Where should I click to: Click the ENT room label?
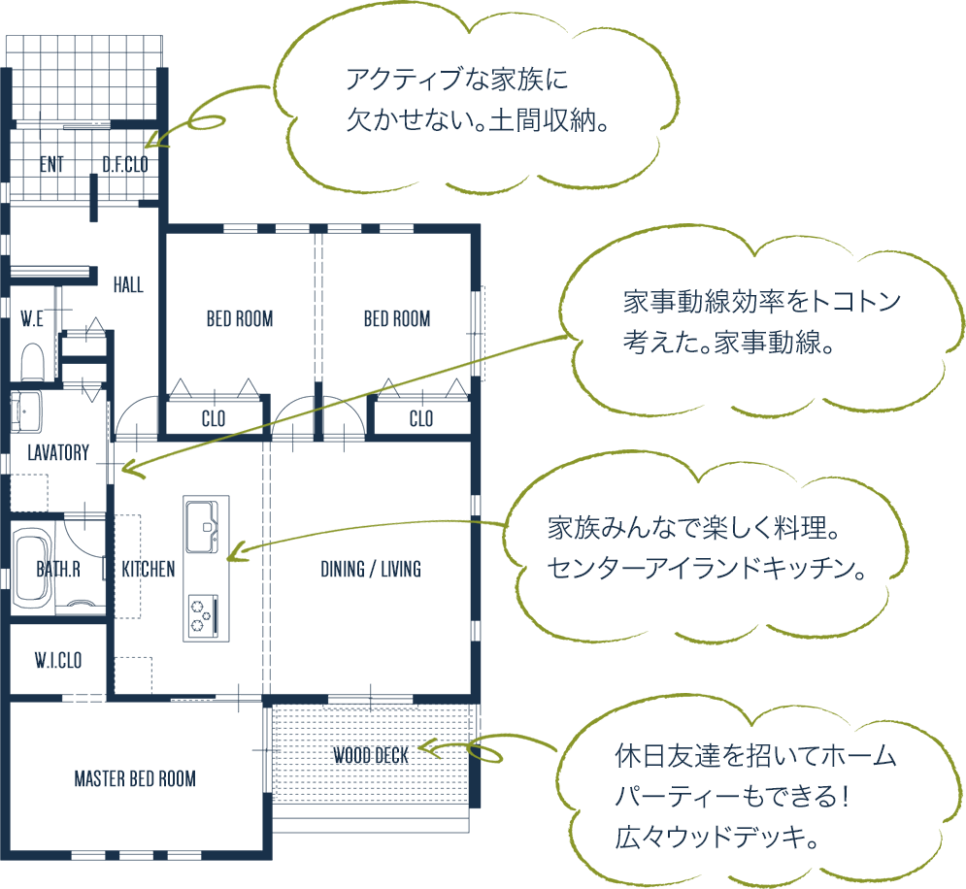(x=52, y=165)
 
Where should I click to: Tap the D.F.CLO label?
(x=125, y=165)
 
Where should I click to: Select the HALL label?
(x=128, y=285)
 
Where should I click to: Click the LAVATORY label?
(x=58, y=453)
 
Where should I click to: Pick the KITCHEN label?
(x=149, y=570)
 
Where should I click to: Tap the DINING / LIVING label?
(x=371, y=570)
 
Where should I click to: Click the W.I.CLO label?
(x=57, y=662)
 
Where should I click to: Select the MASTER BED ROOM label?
(x=135, y=779)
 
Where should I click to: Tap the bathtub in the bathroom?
(x=35, y=570)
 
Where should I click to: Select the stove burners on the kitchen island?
(x=203, y=613)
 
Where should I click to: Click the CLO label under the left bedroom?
(x=213, y=419)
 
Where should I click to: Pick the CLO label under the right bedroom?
(x=420, y=419)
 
